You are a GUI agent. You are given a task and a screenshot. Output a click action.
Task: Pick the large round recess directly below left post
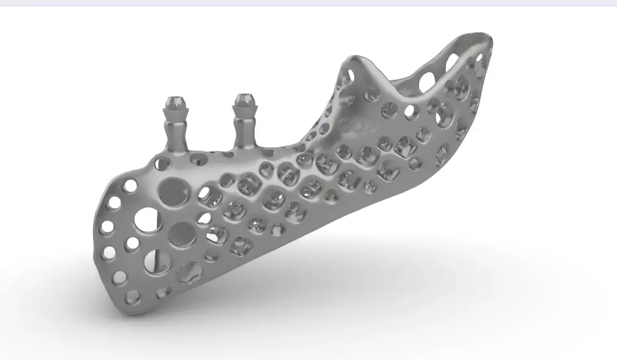point(174,191)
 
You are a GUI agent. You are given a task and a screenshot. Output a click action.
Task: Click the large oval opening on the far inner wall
point(426,81)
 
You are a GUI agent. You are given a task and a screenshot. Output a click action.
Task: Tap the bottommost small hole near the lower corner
point(132,296)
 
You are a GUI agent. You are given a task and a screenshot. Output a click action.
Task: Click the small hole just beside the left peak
point(350,76)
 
